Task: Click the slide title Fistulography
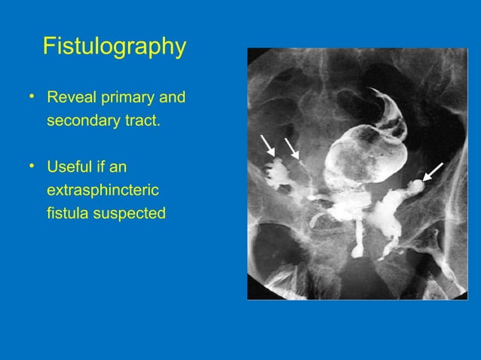pos(114,47)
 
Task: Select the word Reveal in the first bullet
pos(69,99)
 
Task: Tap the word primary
pos(124,99)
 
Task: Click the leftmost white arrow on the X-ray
pos(266,144)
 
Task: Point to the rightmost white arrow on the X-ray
pos(434,172)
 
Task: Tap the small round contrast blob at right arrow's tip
pos(416,184)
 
